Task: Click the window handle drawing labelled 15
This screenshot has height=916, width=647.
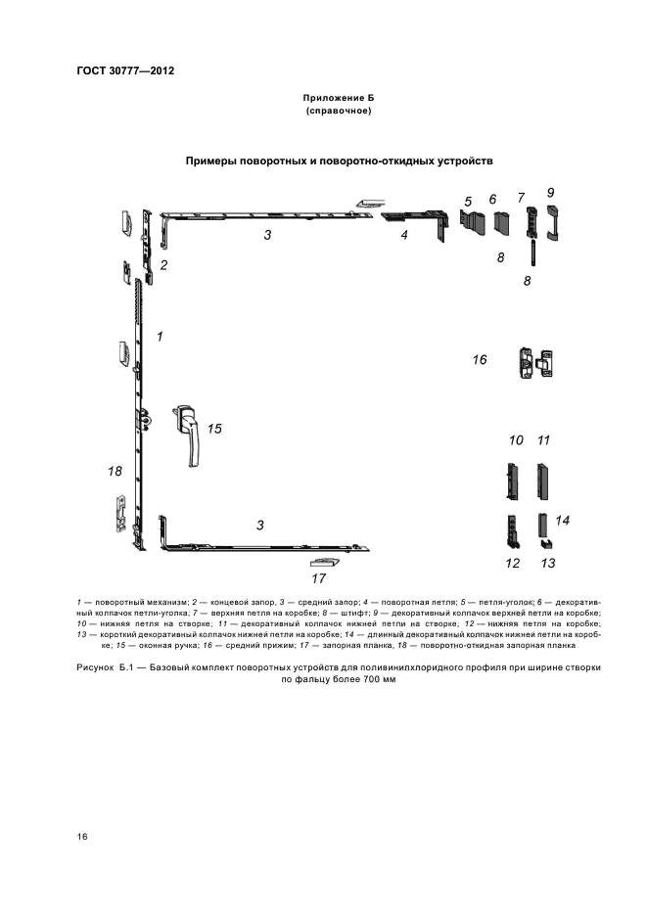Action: point(189,432)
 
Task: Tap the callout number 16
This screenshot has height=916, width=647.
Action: point(480,360)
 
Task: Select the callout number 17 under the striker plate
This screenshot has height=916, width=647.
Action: point(318,578)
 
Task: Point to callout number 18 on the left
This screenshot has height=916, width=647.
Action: point(116,471)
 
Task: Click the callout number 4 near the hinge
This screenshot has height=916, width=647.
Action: point(403,235)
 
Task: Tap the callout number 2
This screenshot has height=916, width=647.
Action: point(164,264)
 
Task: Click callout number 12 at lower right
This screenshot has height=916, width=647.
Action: point(512,563)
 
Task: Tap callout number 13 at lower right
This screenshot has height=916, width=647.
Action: point(548,563)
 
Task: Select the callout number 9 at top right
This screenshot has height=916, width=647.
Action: point(551,192)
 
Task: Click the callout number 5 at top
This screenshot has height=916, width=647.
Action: point(468,202)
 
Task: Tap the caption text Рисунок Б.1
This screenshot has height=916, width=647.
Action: point(104,666)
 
